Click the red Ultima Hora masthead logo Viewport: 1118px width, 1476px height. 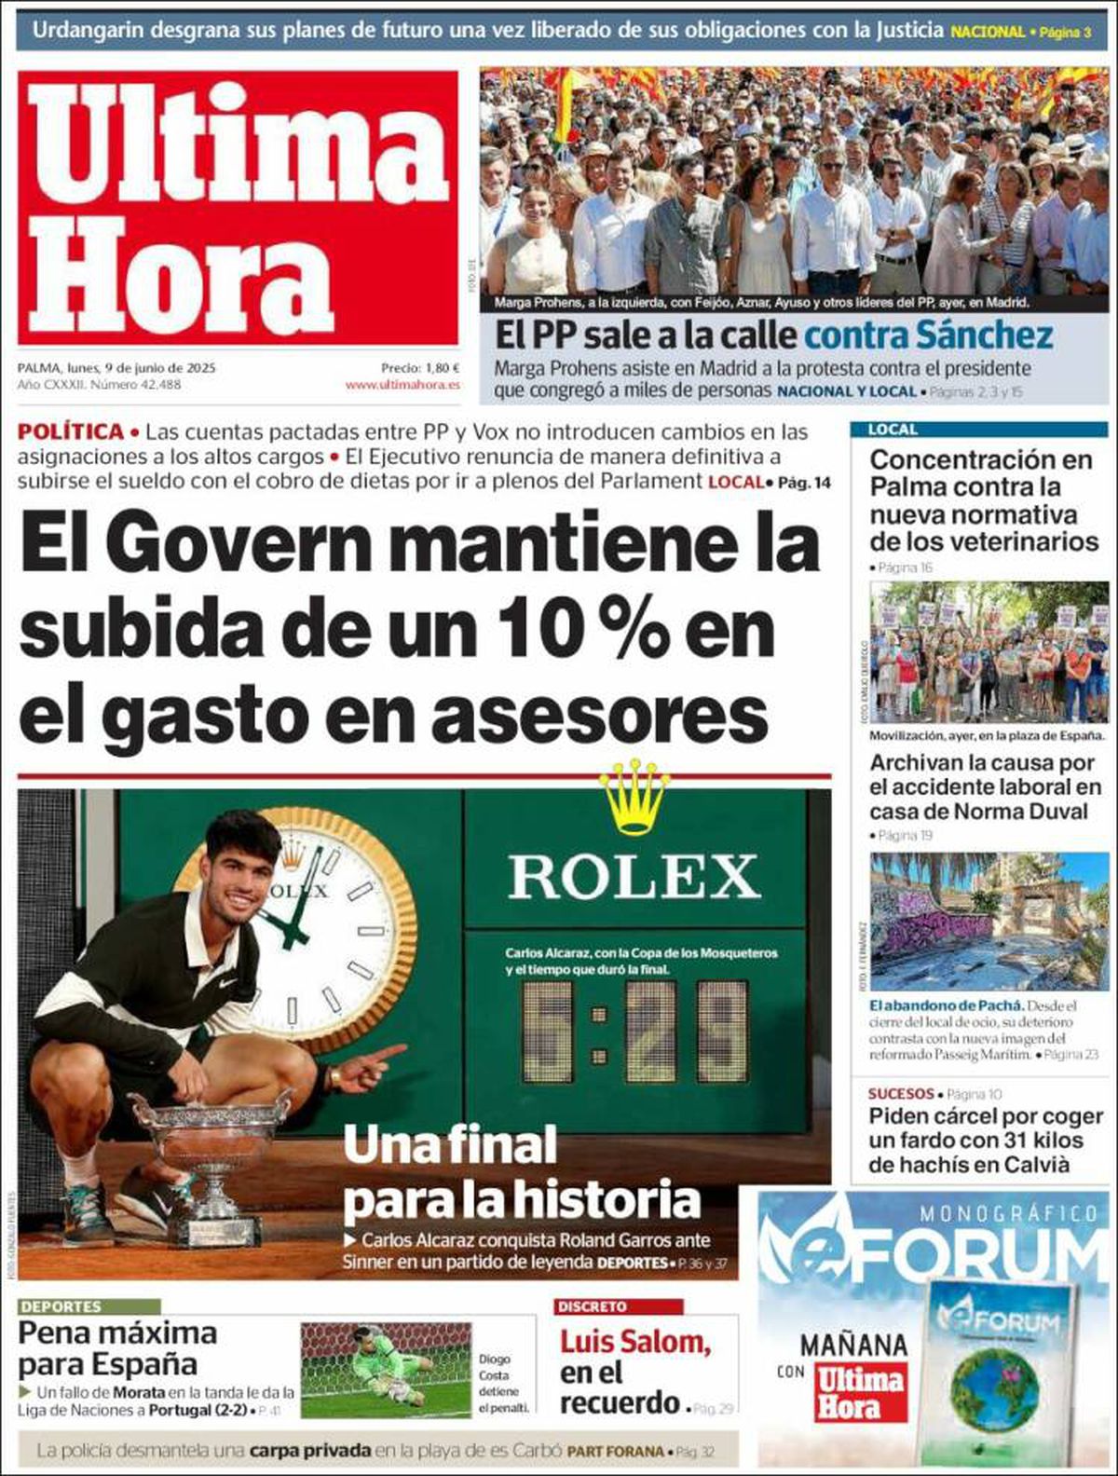point(238,207)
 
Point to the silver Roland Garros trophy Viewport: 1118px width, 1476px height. point(212,1160)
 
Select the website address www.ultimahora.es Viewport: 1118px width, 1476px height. point(402,384)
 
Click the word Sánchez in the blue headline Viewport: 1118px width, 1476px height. point(986,334)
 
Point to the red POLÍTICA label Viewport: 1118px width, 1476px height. point(71,431)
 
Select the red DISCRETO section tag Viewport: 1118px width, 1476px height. point(593,1306)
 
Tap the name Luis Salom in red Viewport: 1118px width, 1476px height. point(635,1343)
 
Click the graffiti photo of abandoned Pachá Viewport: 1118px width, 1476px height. point(988,921)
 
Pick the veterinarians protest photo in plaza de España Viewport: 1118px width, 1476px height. point(988,652)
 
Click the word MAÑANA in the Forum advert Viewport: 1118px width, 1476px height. point(852,1345)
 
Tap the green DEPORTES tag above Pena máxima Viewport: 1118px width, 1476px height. point(61,1306)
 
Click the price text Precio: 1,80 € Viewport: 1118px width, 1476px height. point(420,367)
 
